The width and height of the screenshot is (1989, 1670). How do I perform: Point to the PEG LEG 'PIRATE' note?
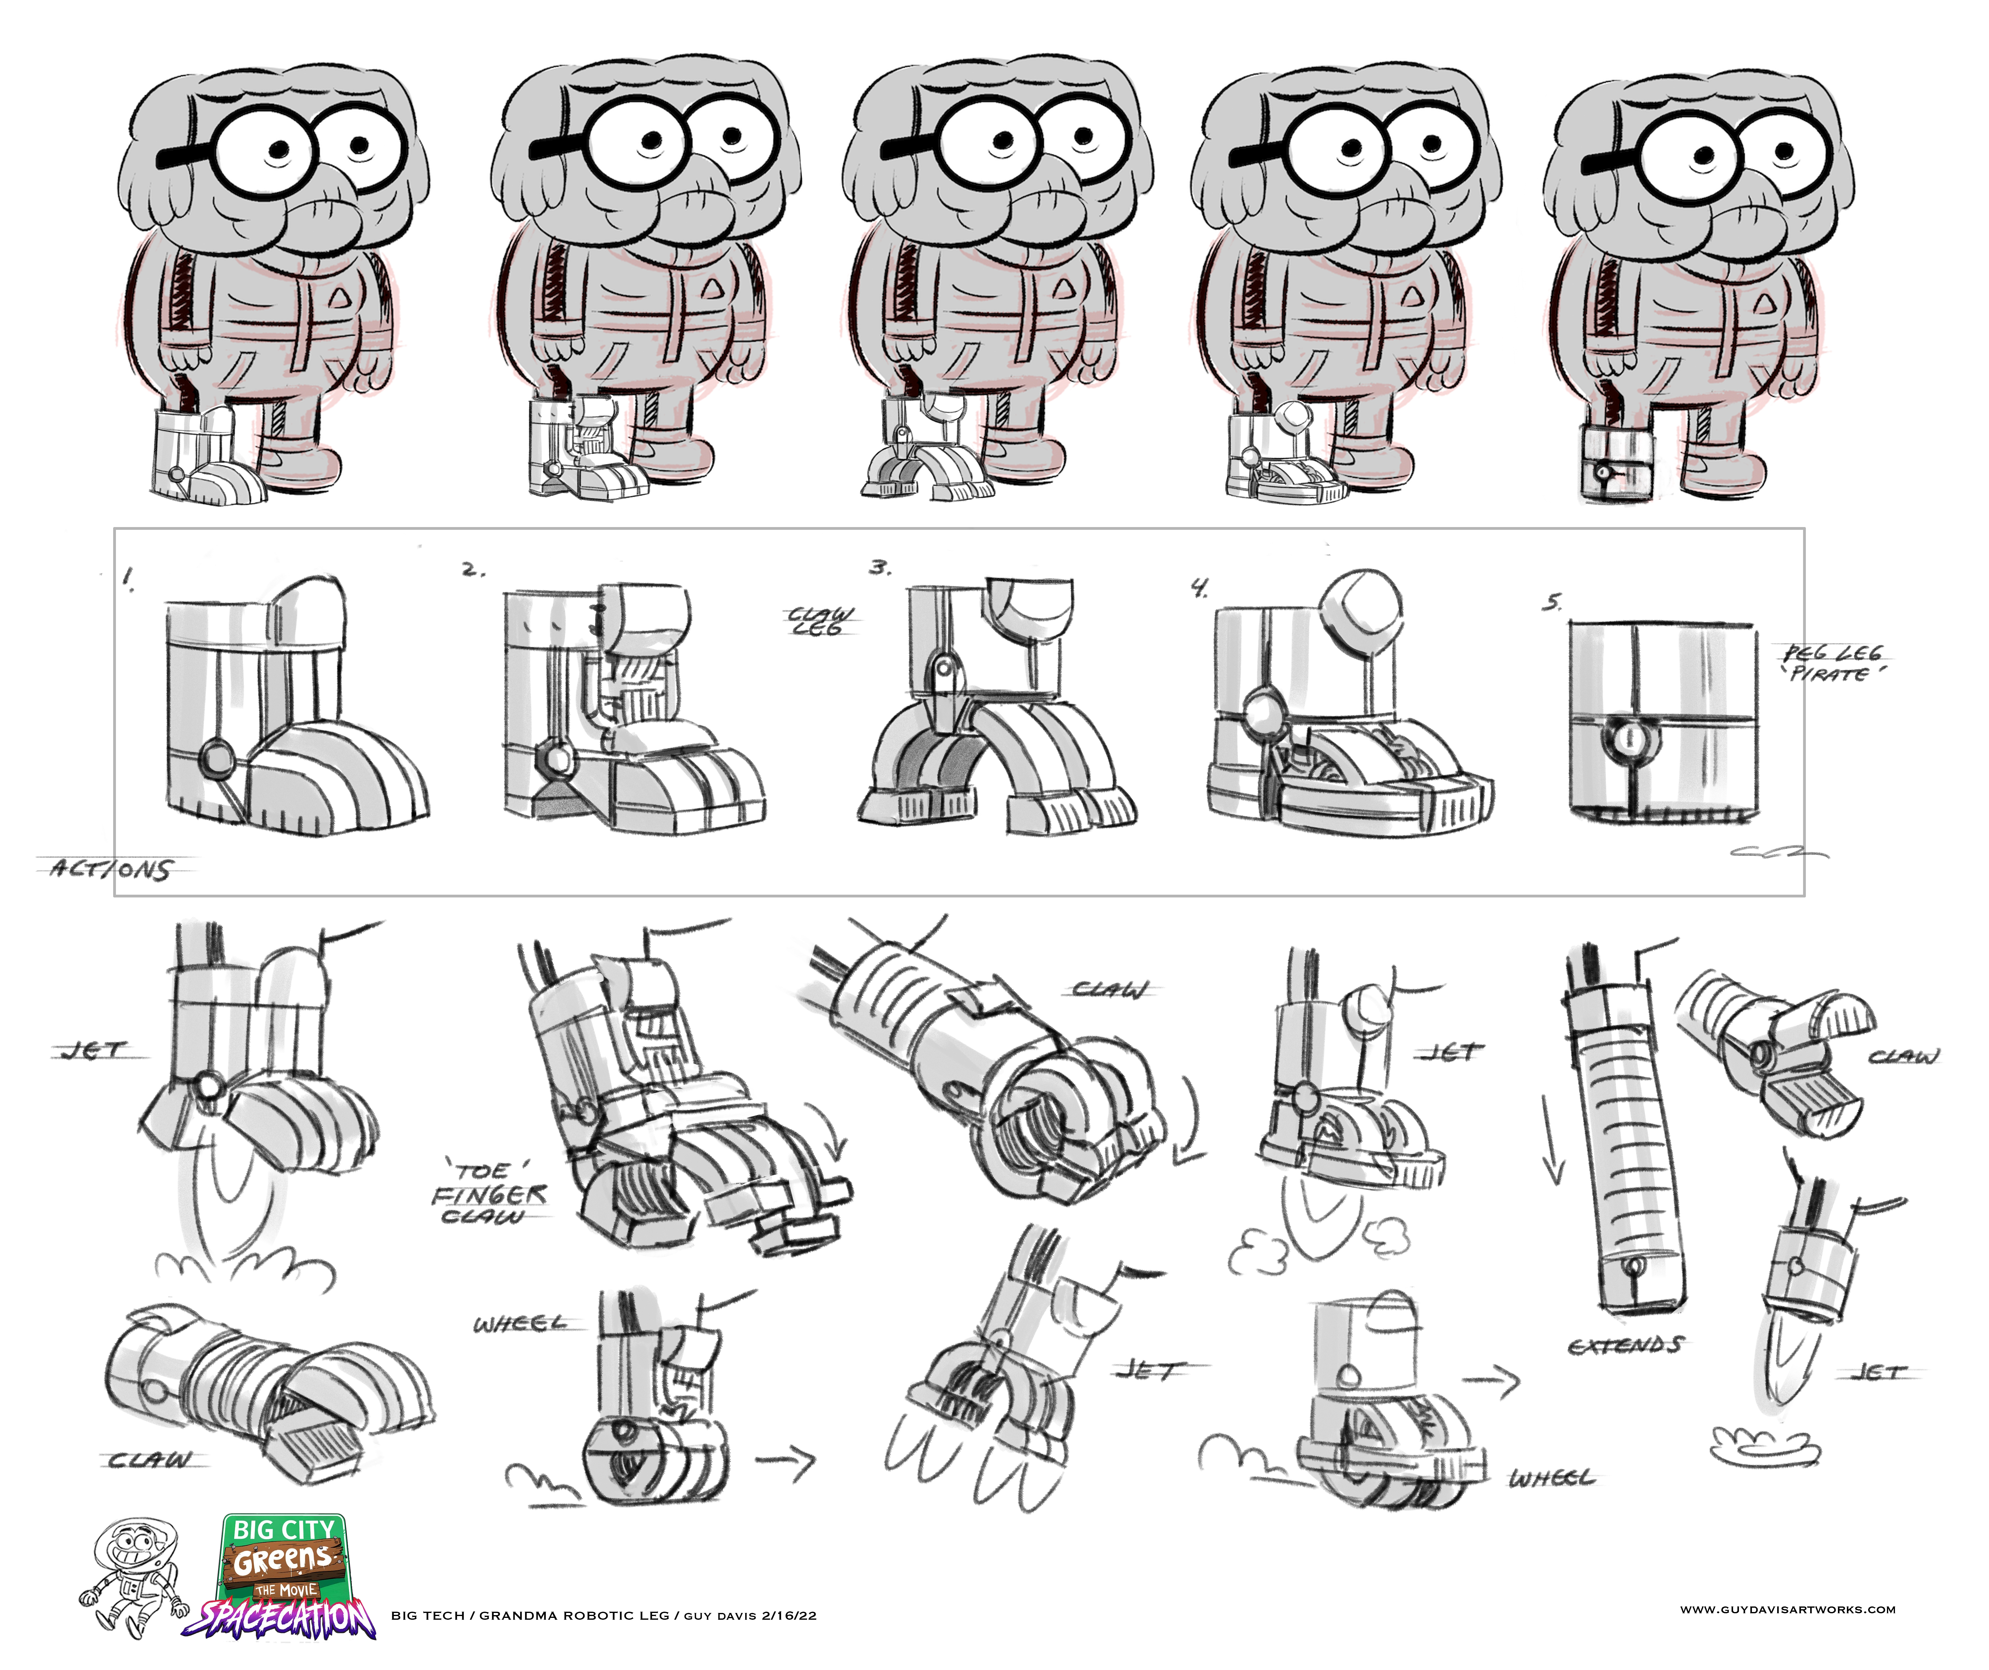point(1833,663)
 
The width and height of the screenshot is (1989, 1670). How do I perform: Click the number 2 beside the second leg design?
point(473,570)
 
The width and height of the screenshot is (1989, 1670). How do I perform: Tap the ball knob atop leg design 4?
point(1364,606)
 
